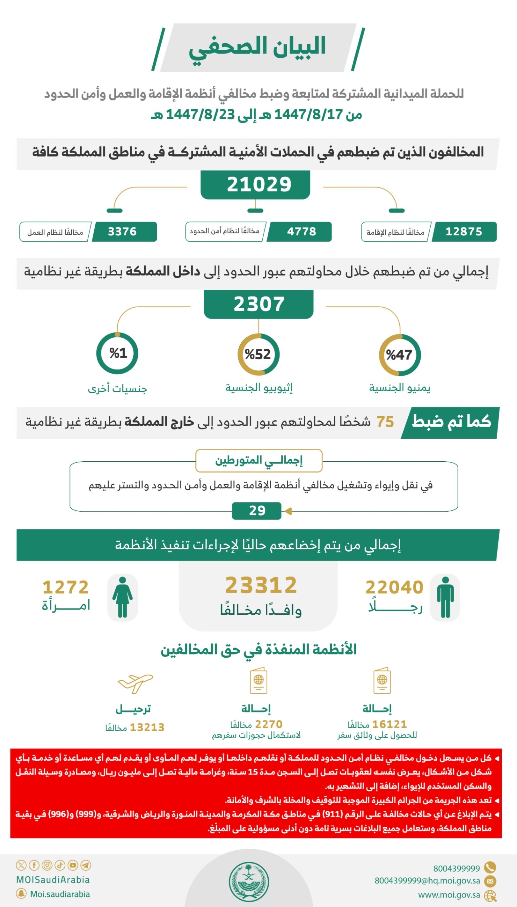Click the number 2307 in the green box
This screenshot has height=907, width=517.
point(258,304)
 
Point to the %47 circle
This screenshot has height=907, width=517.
point(400,355)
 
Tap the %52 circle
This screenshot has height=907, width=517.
point(258,354)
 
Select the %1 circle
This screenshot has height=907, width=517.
point(117,353)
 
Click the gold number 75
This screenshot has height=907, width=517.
point(385,422)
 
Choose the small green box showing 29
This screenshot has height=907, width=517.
point(257,510)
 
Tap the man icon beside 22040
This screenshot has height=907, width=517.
point(445,597)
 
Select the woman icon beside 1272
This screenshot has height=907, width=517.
point(123,597)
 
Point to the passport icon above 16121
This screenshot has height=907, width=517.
point(382,681)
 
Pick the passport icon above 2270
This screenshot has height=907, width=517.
point(258,681)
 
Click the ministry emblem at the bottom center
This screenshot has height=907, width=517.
point(249,882)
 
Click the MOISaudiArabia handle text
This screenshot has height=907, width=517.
point(53,880)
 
